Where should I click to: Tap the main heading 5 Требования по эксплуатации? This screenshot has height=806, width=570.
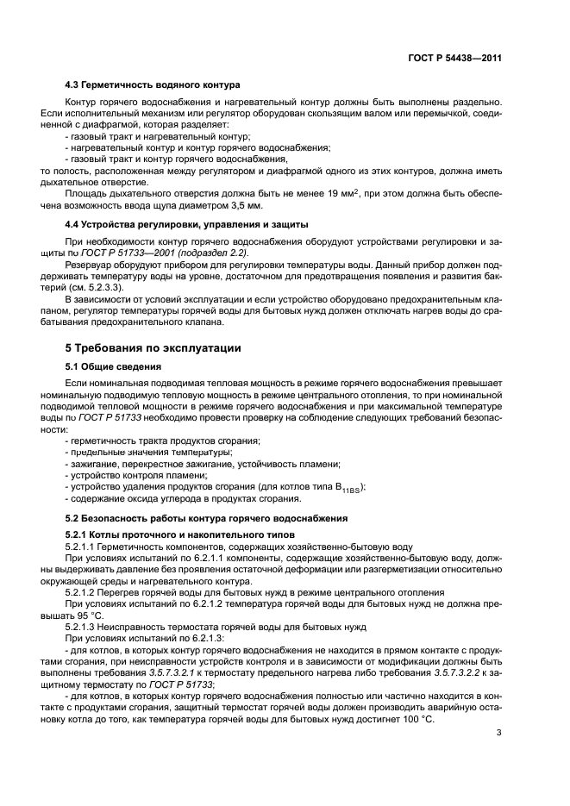click(154, 348)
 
